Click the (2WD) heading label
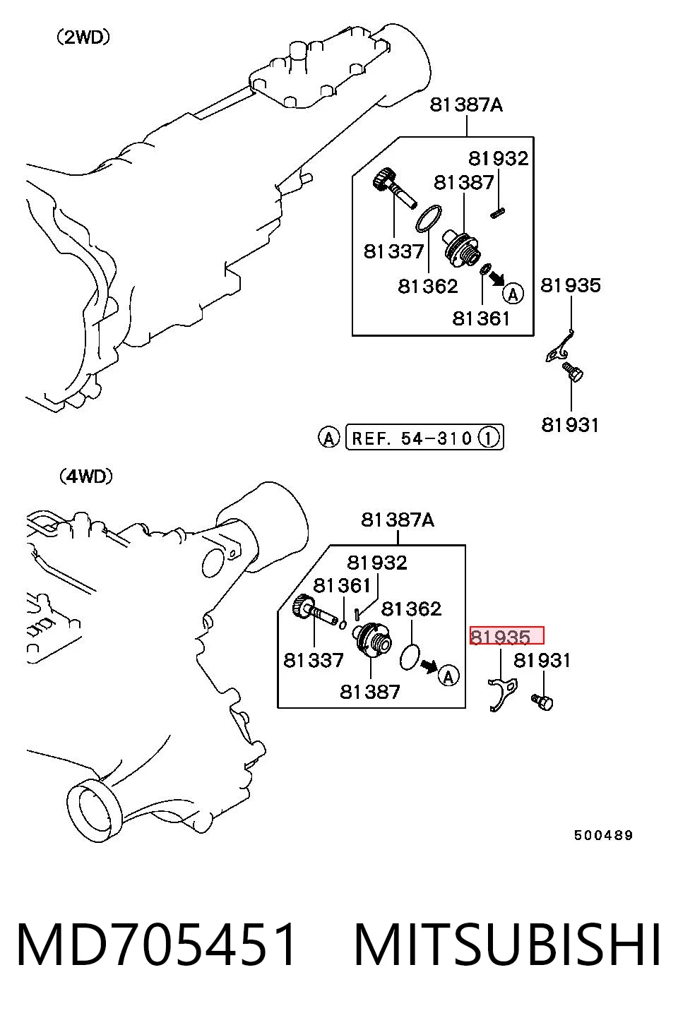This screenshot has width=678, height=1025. point(83,37)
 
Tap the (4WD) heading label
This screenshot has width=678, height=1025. point(85,476)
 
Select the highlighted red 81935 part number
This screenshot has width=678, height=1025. point(507,636)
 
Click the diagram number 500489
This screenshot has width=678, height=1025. point(603,835)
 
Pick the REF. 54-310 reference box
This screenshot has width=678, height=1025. point(424,438)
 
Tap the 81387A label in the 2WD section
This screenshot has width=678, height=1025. point(466,104)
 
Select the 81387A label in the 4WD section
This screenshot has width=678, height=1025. point(398,520)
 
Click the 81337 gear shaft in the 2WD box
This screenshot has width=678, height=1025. point(393,188)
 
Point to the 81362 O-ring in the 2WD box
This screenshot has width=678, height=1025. point(429,218)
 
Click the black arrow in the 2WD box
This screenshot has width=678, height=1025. point(496,277)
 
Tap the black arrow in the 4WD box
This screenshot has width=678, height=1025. point(429,666)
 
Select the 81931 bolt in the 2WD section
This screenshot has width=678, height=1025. point(572,371)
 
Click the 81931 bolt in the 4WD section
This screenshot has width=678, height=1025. point(542,702)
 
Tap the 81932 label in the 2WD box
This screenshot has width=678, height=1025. point(499,158)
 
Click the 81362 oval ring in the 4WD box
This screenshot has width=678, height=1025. point(409,657)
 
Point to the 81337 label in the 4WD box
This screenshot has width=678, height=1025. point(313,660)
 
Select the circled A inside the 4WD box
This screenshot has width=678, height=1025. point(448,676)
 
